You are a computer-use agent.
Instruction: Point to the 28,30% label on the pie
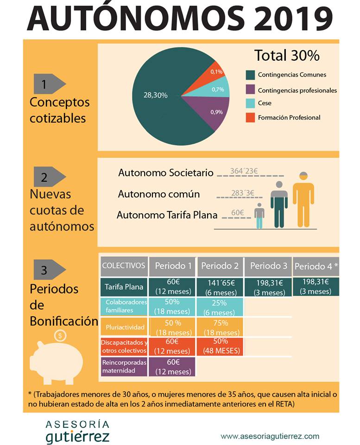click(155, 95)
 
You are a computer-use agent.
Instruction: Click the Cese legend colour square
click(250, 103)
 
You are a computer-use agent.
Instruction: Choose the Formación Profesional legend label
click(289, 117)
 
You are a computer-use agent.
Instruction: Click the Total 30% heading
click(287, 55)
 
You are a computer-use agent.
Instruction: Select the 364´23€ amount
click(244, 171)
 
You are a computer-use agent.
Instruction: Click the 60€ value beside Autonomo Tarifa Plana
click(237, 213)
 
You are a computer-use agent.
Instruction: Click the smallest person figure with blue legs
click(259, 216)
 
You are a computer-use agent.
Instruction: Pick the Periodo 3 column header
click(268, 266)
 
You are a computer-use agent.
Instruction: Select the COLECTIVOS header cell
click(124, 266)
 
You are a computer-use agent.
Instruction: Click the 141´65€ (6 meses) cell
click(220, 287)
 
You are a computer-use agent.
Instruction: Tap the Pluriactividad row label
click(125, 327)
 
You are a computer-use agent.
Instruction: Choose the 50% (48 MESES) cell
click(221, 346)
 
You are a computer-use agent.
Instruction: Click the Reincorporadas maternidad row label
click(124, 366)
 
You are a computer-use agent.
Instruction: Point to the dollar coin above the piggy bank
click(60, 336)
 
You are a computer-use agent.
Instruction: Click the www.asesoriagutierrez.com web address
click(270, 436)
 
